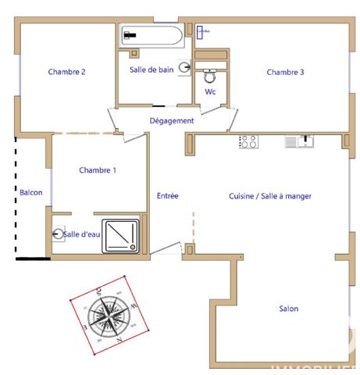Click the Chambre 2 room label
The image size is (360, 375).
tap(66, 72)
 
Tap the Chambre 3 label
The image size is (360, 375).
tap(285, 72)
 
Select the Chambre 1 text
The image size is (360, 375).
tap(98, 170)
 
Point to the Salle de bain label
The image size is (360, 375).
tap(151, 70)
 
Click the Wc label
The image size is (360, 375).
tap(210, 92)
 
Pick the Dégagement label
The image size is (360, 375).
tap(172, 120)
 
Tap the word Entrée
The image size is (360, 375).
tap(168, 195)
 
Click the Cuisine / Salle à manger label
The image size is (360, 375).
tap(270, 196)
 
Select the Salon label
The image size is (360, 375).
tap(289, 309)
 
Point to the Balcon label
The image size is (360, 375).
tap(31, 192)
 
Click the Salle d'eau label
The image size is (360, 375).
tap(81, 234)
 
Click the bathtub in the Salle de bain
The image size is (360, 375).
tap(151, 36)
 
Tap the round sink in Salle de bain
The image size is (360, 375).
tap(184, 69)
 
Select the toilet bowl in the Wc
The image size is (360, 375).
tap(209, 77)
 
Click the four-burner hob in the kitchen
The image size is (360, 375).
tap(248, 141)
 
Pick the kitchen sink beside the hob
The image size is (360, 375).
tap(298, 141)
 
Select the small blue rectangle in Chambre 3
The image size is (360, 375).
tap(203, 32)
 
